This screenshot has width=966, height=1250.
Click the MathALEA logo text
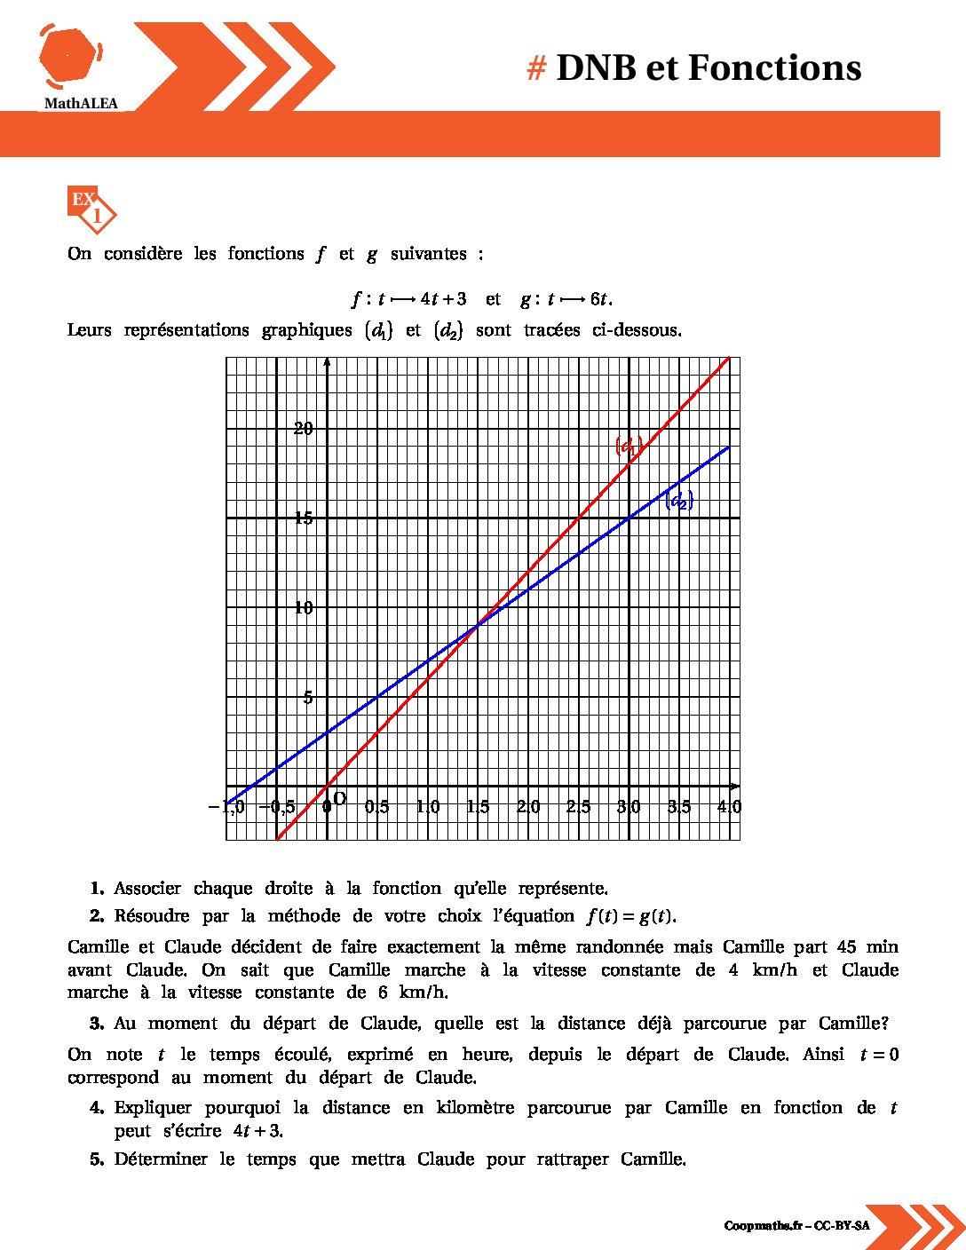click(x=81, y=104)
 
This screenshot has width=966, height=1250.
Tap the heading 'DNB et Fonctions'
click(x=708, y=68)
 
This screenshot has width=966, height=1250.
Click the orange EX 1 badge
click(x=91, y=209)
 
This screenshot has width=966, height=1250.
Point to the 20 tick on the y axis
click(x=304, y=429)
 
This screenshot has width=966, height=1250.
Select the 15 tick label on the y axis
click(x=304, y=518)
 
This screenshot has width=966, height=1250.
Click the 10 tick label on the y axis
click(x=304, y=608)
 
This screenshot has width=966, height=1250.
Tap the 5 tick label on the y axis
click(x=308, y=698)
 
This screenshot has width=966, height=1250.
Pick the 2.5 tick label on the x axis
click(x=578, y=807)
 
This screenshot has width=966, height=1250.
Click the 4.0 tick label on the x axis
click(x=729, y=807)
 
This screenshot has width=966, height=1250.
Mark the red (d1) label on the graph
click(x=629, y=446)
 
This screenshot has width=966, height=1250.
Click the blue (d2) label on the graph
click(x=679, y=501)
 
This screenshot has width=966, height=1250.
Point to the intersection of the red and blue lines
click(x=478, y=625)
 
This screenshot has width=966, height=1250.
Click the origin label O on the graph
click(x=339, y=798)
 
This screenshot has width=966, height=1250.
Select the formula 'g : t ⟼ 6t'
click(x=566, y=299)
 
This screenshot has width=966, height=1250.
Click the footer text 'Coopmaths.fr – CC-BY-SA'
click(x=796, y=1226)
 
